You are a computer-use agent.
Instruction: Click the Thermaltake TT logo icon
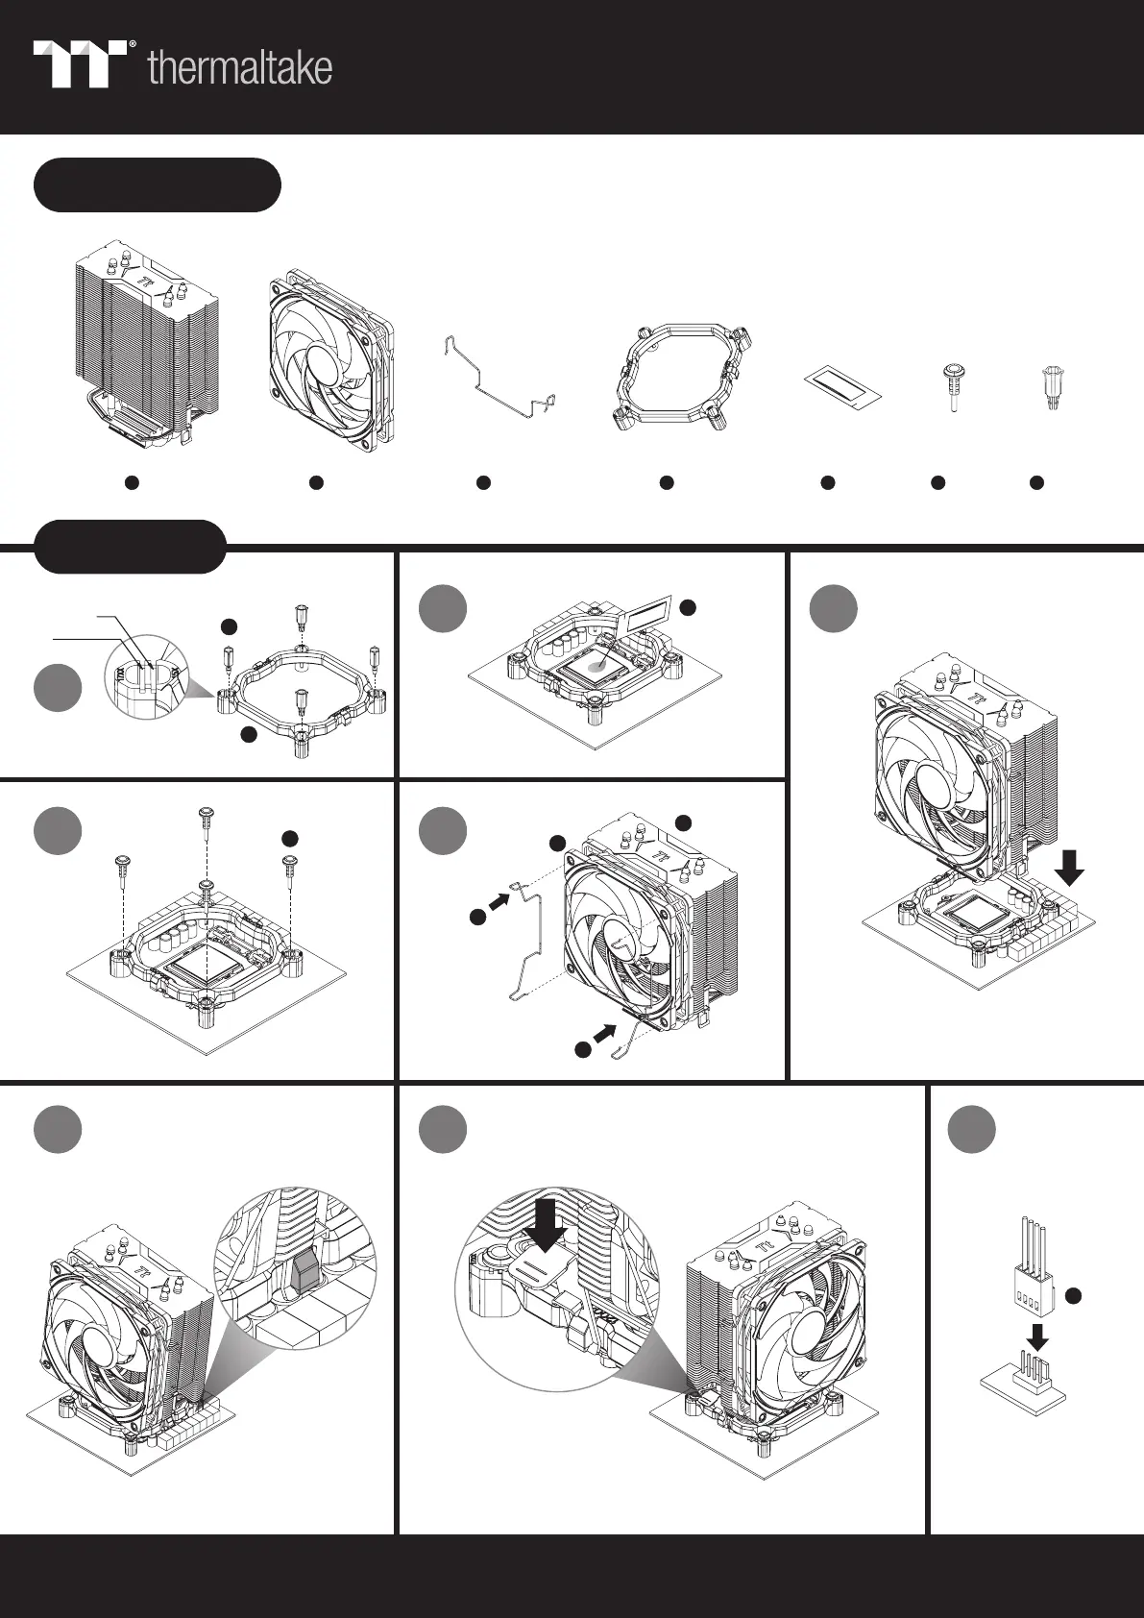click(x=81, y=64)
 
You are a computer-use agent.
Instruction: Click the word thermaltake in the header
click(x=240, y=69)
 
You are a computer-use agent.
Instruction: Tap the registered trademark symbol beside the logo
click(x=132, y=44)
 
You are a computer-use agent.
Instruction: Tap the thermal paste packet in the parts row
click(x=841, y=384)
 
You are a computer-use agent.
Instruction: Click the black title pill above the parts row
click(x=158, y=185)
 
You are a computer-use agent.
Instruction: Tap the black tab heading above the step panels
click(x=130, y=547)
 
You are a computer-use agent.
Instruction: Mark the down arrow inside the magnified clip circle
click(x=545, y=1221)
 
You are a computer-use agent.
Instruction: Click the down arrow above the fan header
click(x=1037, y=1336)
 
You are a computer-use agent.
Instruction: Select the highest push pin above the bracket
click(x=207, y=818)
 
